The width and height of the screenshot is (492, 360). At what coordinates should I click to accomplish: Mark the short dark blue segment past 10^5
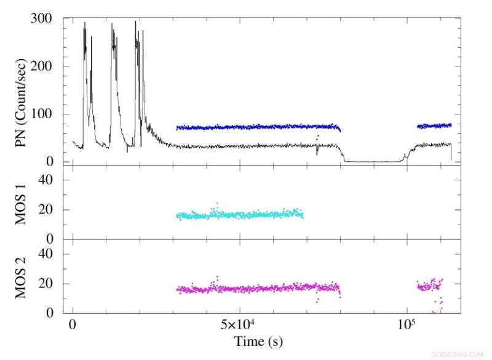pos(434,126)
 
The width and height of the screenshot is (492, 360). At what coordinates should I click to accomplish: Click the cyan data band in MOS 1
pos(240,215)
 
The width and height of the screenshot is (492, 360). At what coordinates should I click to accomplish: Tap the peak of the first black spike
pos(84,23)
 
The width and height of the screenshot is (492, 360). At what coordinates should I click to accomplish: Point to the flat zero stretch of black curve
pos(372,161)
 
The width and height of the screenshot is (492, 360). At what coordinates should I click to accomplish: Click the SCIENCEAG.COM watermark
pos(460,354)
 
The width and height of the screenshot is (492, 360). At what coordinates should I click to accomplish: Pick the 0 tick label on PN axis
pos(53,162)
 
